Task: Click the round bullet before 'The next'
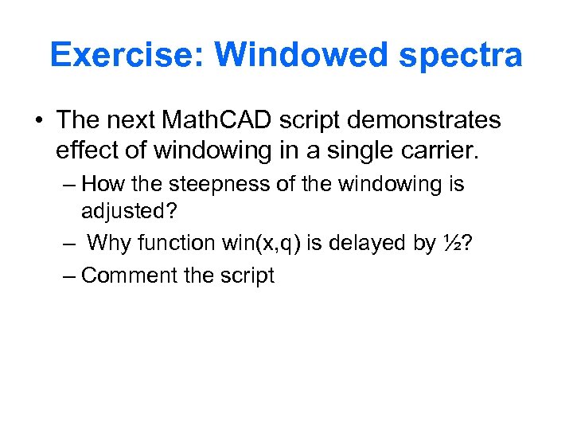click(39, 121)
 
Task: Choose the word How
click(100, 185)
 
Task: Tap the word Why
click(107, 242)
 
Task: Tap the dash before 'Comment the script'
click(69, 276)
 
